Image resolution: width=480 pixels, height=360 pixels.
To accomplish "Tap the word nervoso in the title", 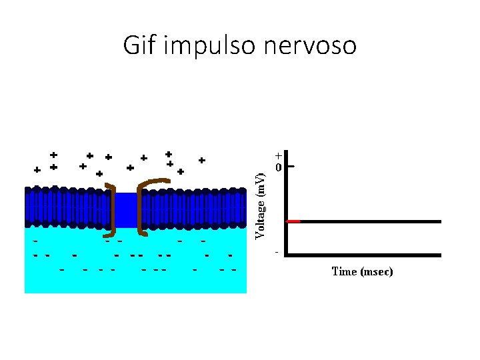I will [313, 46].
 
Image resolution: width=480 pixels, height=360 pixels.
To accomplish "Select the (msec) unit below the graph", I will [377, 271].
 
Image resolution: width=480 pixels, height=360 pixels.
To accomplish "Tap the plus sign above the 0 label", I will [278, 155].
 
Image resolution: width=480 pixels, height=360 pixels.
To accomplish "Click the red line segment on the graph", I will [293, 221].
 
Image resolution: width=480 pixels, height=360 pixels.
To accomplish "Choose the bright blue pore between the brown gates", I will [127, 210].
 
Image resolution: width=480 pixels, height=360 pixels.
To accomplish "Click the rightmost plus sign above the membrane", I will [201, 160].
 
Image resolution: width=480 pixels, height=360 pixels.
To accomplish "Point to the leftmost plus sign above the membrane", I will [37, 169].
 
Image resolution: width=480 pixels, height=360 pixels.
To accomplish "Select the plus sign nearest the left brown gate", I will [99, 173].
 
